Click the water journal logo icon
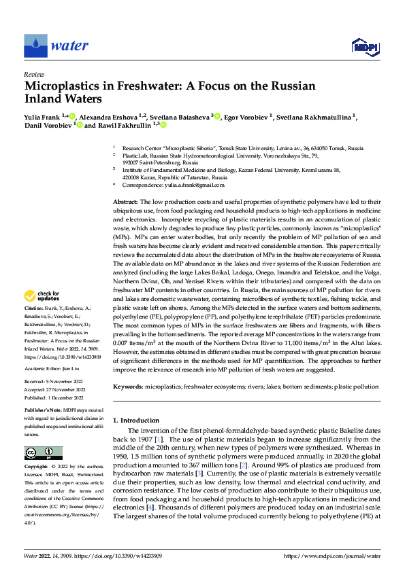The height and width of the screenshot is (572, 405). (35, 46)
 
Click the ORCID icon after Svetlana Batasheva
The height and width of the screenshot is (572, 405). (217, 116)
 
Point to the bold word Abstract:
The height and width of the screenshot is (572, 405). (125, 202)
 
